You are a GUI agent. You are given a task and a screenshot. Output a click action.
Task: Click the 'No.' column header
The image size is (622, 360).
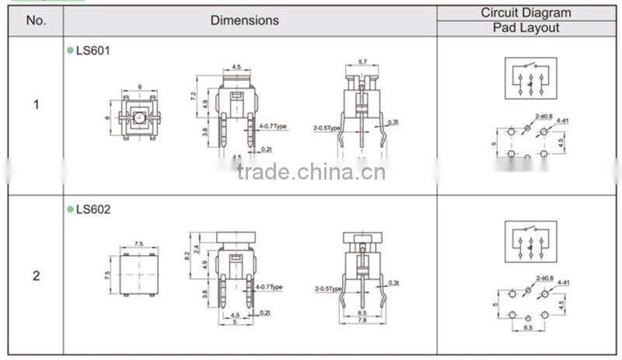pos(36,21)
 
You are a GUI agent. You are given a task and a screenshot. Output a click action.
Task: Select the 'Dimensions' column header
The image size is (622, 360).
pos(244,21)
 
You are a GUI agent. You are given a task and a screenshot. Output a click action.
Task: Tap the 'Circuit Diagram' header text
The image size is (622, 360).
pos(526,12)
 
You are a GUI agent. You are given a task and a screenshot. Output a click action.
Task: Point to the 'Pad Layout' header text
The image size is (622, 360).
pos(526,28)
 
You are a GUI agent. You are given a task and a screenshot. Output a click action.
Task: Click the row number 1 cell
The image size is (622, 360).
pos(36,103)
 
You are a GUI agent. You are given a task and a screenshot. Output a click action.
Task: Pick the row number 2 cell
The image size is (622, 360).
pos(36,275)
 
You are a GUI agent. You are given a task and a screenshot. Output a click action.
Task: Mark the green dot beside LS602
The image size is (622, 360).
pos(70,209)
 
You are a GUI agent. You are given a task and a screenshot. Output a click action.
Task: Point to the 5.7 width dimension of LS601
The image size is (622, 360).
pos(362,62)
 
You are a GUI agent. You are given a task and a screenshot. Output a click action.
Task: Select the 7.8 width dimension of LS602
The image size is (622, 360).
pos(362,319)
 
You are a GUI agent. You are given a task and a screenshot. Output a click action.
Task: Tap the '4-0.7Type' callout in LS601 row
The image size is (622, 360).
pos(272,126)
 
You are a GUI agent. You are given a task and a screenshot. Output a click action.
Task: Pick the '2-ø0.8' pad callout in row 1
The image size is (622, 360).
pos(543,117)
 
